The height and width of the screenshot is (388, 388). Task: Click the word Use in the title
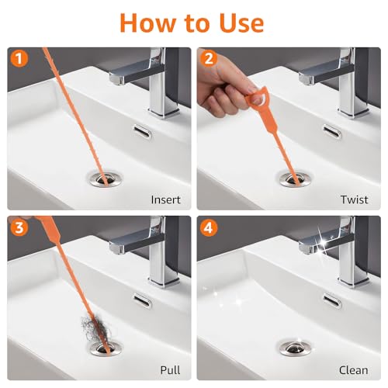click(241, 23)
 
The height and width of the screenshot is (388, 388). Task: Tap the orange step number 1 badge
click(19, 59)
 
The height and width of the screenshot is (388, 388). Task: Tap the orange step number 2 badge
click(209, 59)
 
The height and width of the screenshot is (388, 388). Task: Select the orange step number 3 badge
click(19, 228)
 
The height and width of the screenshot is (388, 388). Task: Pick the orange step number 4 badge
click(209, 228)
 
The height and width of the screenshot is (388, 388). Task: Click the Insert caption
click(166, 199)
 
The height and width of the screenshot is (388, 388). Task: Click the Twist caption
click(354, 199)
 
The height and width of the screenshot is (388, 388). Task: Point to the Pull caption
click(170, 370)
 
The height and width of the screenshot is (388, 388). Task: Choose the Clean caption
click(354, 370)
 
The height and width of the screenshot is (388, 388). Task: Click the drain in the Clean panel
click(296, 348)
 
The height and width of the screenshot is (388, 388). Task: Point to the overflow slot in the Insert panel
click(143, 132)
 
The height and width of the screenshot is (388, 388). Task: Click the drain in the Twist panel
click(295, 179)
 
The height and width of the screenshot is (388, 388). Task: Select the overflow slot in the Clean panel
click(332, 301)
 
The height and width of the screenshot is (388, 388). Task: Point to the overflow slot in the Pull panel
click(143, 300)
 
